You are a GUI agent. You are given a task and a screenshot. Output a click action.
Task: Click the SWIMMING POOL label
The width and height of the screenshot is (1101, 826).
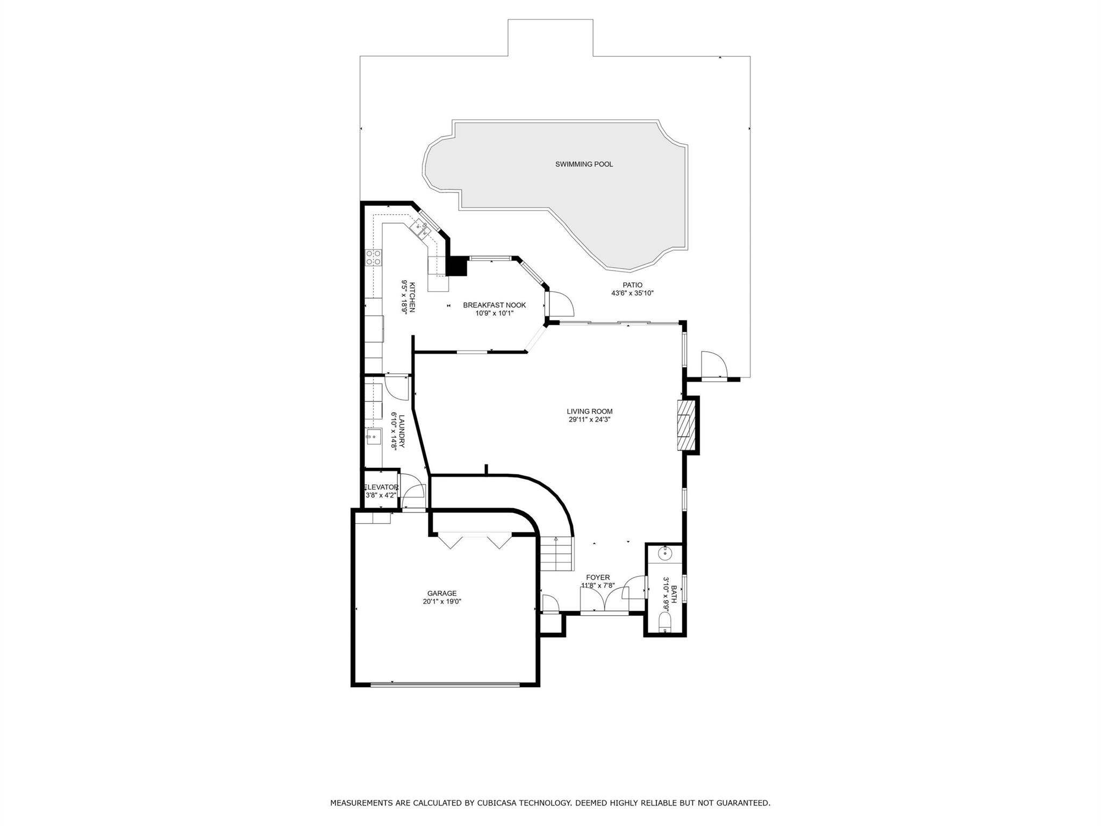coord(584,164)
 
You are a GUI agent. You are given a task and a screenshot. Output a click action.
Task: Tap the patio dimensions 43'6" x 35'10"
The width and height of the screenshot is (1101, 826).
coord(632,294)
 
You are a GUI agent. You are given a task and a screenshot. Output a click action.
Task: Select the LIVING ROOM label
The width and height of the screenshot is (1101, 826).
coord(590,411)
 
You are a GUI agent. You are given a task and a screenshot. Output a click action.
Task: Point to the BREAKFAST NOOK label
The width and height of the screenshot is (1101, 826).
coord(495,305)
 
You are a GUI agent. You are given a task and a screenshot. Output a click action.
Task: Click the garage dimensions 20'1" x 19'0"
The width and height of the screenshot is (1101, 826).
coord(442,602)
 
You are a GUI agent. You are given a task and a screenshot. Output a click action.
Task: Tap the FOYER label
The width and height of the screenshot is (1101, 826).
coord(598,578)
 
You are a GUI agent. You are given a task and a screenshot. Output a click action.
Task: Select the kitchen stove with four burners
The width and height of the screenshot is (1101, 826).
coord(374,257)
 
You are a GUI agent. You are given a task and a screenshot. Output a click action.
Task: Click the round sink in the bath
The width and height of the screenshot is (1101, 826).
coord(666,552)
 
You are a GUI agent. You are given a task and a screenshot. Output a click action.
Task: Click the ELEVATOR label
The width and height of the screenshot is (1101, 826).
coord(381,487)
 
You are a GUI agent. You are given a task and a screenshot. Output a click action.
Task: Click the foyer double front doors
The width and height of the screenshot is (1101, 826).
coord(605,600)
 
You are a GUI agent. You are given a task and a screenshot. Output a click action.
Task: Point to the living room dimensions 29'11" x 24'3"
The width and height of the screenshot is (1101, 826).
coord(590,419)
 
